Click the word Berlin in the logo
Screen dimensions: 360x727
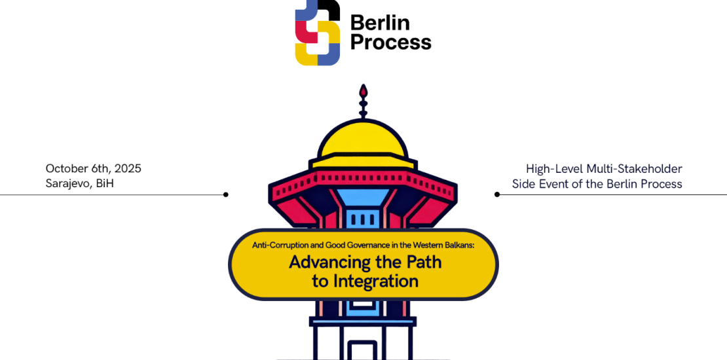click(380, 23)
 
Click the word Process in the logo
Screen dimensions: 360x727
click(390, 43)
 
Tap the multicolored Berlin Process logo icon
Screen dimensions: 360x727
click(317, 33)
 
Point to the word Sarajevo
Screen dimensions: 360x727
click(68, 184)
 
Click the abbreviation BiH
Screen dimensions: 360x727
click(105, 184)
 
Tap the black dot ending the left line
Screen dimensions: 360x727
click(226, 194)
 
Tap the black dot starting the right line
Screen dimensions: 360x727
click(497, 194)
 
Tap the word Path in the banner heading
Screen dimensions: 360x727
click(420, 263)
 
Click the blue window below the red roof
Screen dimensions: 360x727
click(363, 218)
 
